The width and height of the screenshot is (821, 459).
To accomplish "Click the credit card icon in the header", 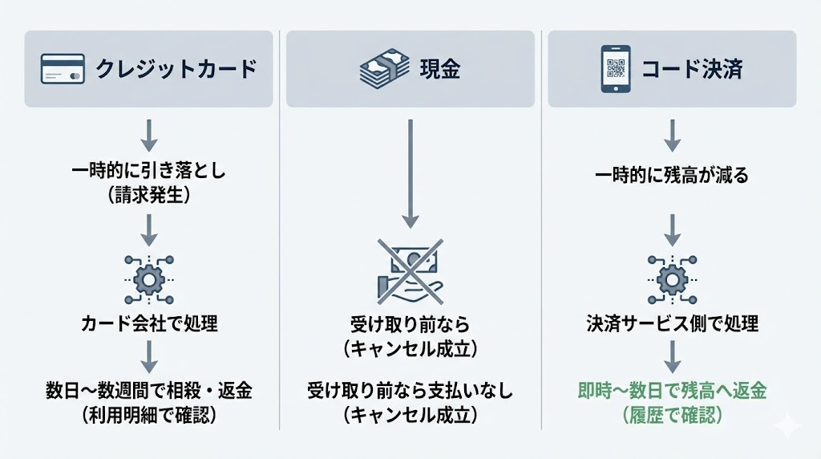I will click(x=62, y=69).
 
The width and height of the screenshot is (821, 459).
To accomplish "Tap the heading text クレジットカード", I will click(x=176, y=69).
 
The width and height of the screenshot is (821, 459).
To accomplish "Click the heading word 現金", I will click(x=440, y=69).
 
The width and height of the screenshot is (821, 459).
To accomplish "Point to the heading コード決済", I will click(x=691, y=69).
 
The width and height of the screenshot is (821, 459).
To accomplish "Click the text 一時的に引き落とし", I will click(x=149, y=173).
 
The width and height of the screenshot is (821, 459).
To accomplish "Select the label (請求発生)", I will click(x=149, y=197).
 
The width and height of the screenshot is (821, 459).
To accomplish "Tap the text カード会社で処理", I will click(x=149, y=324).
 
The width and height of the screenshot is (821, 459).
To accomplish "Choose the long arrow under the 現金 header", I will click(x=410, y=173).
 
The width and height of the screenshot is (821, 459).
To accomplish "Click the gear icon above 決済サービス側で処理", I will click(x=673, y=278).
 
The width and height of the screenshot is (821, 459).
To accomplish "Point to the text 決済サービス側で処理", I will click(x=673, y=324).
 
